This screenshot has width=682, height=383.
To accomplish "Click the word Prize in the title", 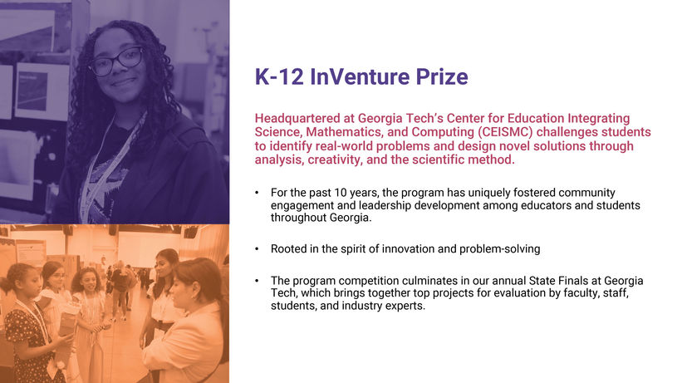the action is point(442,76).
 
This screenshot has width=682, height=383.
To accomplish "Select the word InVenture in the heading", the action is point(360,76).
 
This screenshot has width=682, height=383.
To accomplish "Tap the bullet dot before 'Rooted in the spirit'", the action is point(257,249).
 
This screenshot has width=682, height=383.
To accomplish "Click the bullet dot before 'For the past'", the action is point(257,193).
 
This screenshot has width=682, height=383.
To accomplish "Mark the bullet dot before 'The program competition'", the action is point(257,281).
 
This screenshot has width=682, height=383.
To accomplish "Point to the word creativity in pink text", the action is point(335,160).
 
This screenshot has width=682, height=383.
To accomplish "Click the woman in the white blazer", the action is point(187,322).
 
